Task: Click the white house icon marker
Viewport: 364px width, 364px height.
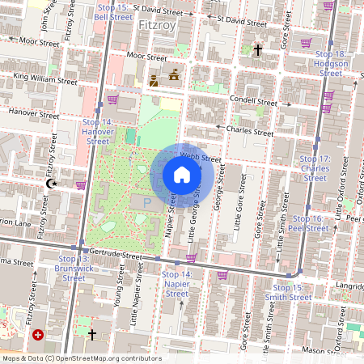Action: pos(182,174)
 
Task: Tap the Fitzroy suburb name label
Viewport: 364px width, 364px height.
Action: pos(156,25)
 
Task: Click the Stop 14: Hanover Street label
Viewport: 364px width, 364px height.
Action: pos(97,131)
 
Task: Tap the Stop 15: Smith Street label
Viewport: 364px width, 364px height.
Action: pos(288,292)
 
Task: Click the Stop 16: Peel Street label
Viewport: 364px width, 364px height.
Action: pos(311,223)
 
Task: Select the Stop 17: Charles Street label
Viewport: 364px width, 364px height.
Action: pos(312,168)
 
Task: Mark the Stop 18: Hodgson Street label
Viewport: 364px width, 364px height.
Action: pos(331,63)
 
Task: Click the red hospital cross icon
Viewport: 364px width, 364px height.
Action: pos(37,334)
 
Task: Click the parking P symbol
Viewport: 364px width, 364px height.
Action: pos(146,201)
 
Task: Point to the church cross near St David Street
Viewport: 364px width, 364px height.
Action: pos(257,50)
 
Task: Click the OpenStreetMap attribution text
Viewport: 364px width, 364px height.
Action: pos(82,358)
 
